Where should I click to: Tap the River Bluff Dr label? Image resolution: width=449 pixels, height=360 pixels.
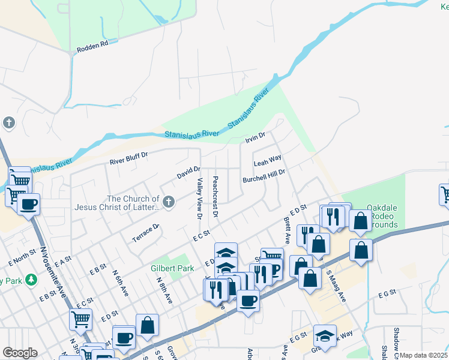[x=128, y=158]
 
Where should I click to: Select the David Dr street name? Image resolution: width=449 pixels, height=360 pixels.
[x=188, y=173]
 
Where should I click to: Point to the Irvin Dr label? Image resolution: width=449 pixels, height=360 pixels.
[x=255, y=139]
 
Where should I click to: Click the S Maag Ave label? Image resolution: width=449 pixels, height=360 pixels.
[x=336, y=286]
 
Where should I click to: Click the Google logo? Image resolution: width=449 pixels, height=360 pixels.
[x=20, y=353]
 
